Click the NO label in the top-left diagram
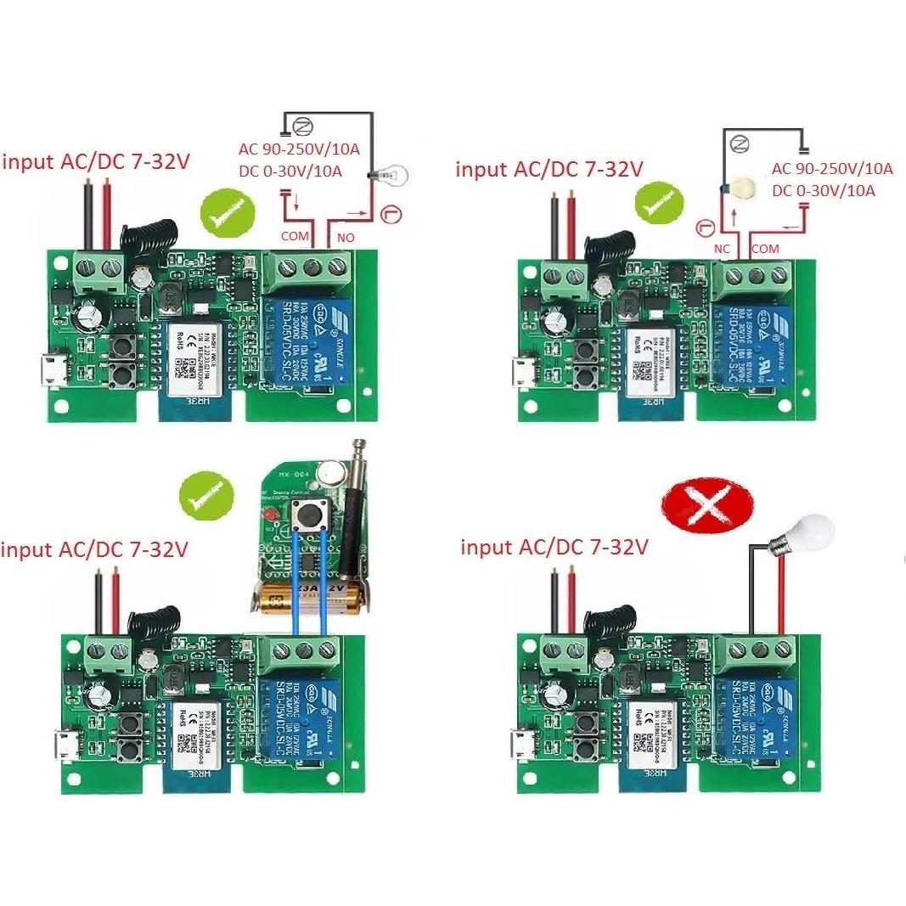click(345, 239)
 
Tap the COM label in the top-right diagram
click(766, 249)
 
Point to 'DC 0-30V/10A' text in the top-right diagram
click(824, 191)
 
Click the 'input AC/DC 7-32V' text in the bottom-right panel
click(554, 547)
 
